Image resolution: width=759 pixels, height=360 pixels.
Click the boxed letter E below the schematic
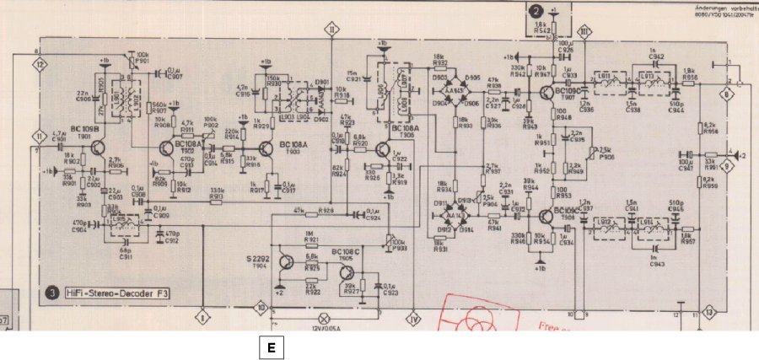pyautogui.click(x=271, y=347)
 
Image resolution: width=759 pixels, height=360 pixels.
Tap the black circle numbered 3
pyautogui.click(x=52, y=293)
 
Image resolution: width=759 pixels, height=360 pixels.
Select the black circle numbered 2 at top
pyautogui.click(x=537, y=11)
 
